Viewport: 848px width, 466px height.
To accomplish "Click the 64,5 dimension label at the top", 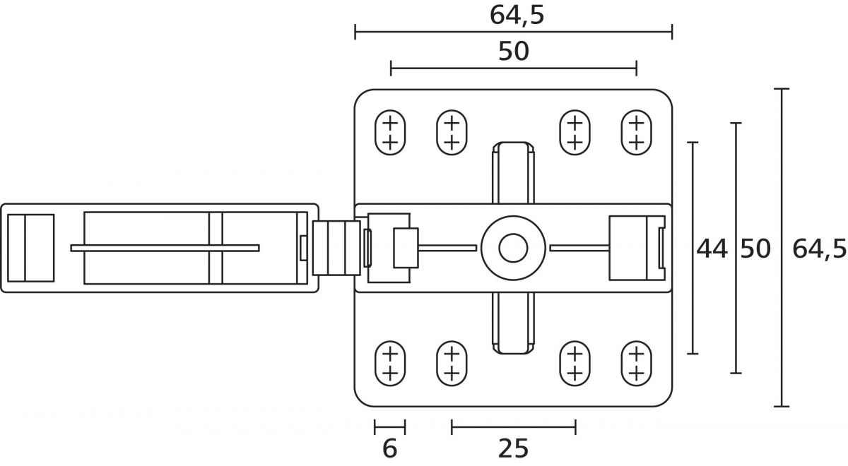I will point(517,16).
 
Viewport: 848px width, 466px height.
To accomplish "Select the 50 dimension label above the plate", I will point(514,52).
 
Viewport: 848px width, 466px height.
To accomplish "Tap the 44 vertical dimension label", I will point(712,249).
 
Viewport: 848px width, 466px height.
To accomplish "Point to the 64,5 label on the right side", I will point(819,249).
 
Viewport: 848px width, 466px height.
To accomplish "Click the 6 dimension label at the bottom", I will point(389,449).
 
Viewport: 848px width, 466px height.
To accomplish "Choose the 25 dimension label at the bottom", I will point(513,449).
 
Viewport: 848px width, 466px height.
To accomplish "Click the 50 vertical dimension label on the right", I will point(755,249).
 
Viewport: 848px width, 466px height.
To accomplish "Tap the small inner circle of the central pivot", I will point(512,248).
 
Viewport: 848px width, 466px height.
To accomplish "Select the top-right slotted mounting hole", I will point(636,131).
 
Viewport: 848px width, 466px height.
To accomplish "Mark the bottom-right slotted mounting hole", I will point(636,363).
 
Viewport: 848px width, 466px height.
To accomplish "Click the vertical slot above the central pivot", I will point(512,177).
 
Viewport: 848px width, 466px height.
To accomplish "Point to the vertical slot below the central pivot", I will point(512,321).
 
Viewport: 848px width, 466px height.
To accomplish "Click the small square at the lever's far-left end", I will point(30,248).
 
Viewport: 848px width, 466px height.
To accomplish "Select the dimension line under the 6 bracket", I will point(389,426).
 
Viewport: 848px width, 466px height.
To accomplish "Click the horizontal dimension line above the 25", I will point(513,426).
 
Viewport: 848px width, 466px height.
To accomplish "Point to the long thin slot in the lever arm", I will point(165,248).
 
